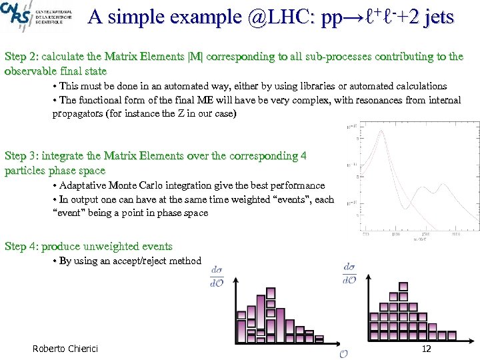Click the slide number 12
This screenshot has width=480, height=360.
coord(427,349)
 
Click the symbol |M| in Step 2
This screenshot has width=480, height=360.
coord(197,57)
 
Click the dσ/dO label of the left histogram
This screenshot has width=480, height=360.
coord(217,276)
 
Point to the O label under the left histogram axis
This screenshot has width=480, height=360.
coord(343,353)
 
